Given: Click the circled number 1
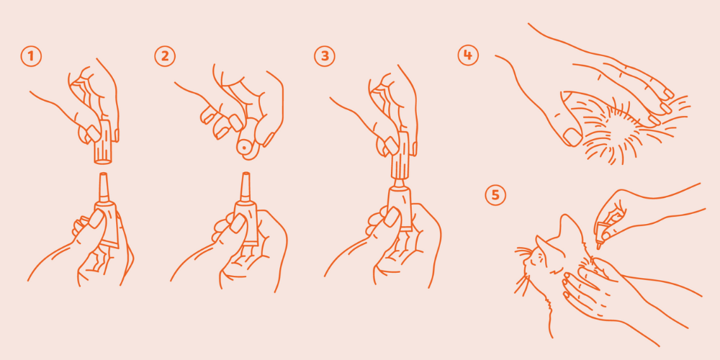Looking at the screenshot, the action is [x=31, y=56].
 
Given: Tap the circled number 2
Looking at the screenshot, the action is [x=165, y=56].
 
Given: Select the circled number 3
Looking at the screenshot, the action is [x=325, y=56].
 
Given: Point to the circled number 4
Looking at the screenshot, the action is [x=468, y=55].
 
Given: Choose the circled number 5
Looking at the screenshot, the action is [x=495, y=195].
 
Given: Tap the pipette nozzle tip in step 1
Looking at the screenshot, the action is [x=103, y=174].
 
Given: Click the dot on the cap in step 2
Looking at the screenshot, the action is [x=244, y=148].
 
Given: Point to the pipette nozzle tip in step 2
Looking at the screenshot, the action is [x=246, y=174].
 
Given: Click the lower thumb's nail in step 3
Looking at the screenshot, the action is [x=392, y=217].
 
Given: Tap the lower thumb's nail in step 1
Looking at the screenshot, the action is [x=96, y=219].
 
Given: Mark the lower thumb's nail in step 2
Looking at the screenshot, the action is [x=238, y=223].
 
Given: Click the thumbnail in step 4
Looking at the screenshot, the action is [x=572, y=137].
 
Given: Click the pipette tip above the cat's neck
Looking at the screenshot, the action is [x=599, y=246].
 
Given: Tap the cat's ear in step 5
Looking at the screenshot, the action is [x=572, y=228].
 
